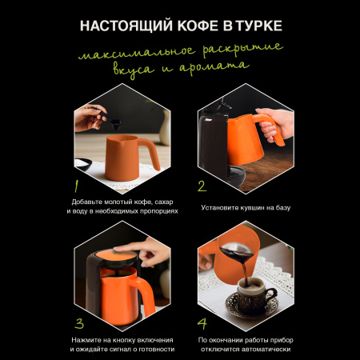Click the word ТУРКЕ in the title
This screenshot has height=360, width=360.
tap(259, 26)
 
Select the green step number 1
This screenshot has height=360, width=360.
tap(77, 186)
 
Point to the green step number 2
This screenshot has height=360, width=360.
tap(202, 186)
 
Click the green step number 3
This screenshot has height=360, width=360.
tap(79, 323)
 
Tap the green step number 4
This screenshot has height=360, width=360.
tap(202, 323)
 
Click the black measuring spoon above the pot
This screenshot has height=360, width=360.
tap(109, 119)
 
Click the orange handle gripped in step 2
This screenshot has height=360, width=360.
tap(270, 128)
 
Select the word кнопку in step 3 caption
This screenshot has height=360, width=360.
tap(124, 340)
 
